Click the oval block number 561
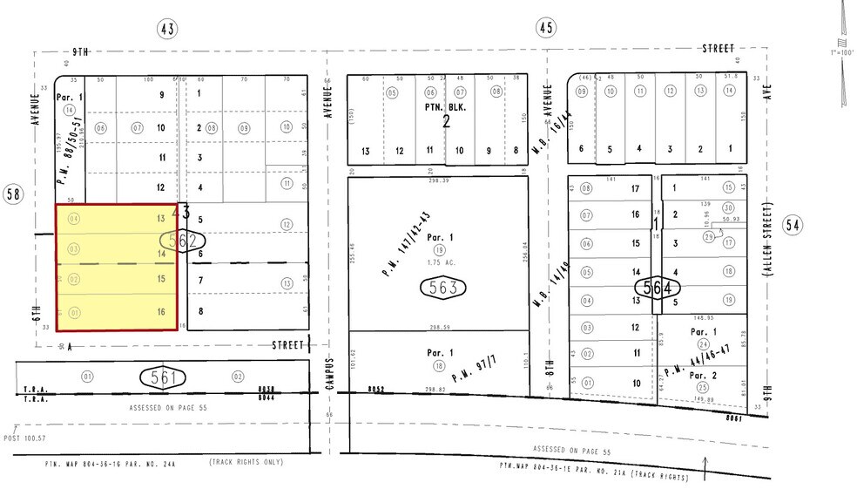pyautogui.click(x=163, y=377)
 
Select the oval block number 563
pyautogui.click(x=444, y=287)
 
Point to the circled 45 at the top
pyautogui.click(x=546, y=29)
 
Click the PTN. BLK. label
pyautogui.click(x=446, y=108)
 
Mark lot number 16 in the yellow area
pyautogui.click(x=160, y=310)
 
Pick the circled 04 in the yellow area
pyautogui.click(x=73, y=218)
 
